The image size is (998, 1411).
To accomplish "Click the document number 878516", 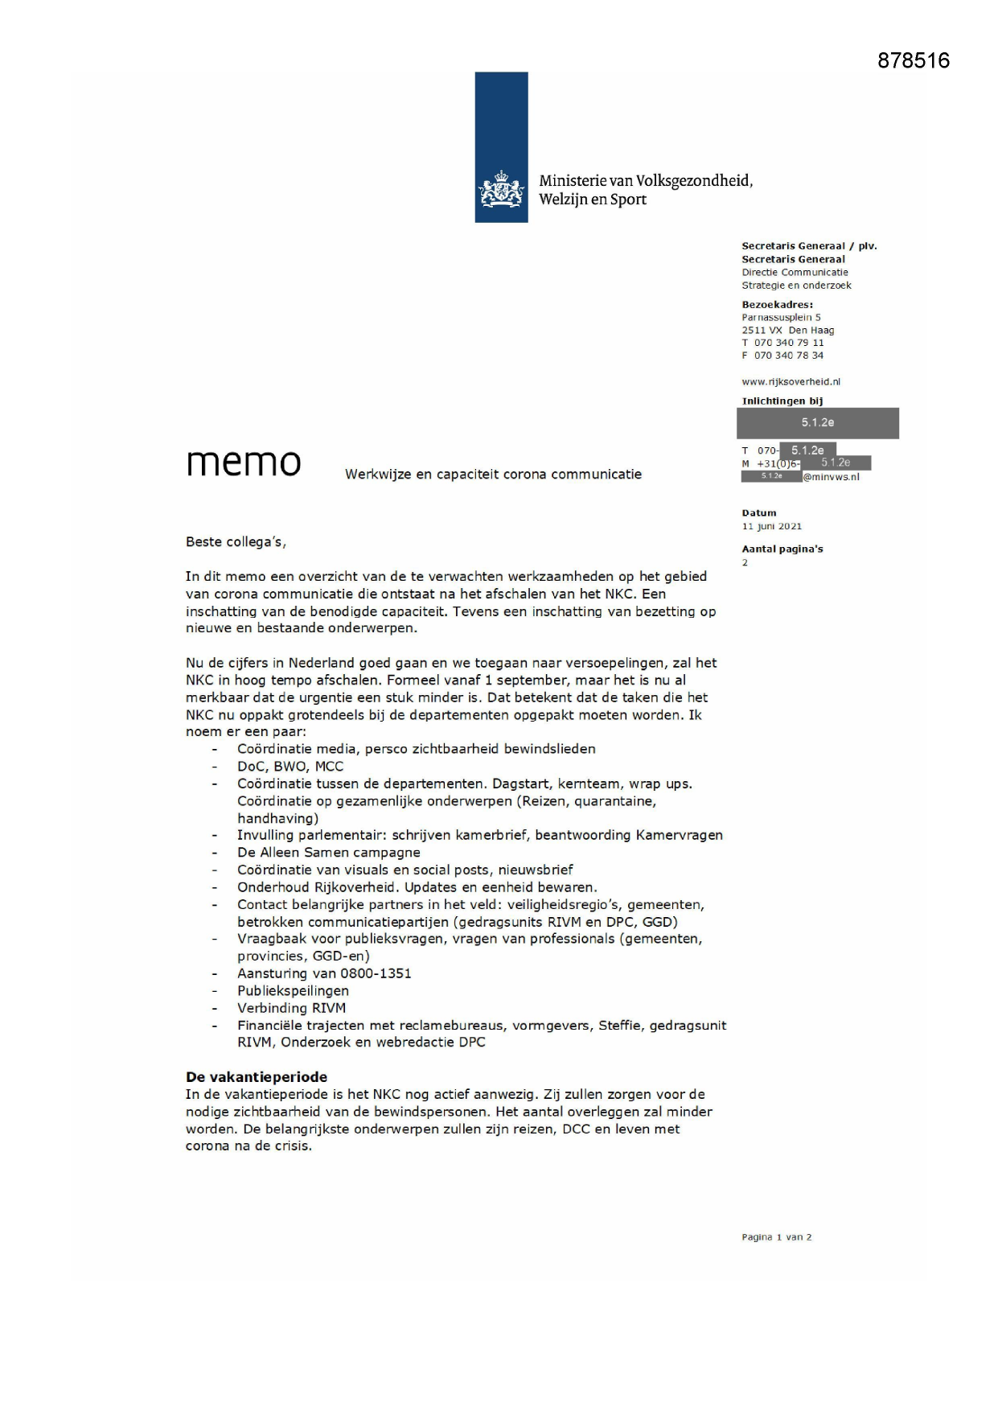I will click(x=913, y=61).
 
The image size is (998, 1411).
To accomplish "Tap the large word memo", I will click(x=244, y=463).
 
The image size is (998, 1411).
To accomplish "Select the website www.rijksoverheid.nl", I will click(x=791, y=382).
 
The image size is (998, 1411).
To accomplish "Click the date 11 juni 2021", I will click(x=771, y=526).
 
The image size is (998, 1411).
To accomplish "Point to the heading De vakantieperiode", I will click(x=257, y=1077).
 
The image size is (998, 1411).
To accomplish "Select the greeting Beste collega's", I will click(x=236, y=542).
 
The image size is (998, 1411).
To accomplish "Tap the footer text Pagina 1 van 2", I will click(x=776, y=1237).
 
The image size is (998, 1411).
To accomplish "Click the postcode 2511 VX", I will click(x=762, y=330).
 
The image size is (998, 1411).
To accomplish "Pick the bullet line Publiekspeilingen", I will click(x=293, y=991).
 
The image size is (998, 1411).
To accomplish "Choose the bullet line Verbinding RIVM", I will click(x=291, y=1008).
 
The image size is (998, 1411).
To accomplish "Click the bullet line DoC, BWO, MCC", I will click(x=290, y=767).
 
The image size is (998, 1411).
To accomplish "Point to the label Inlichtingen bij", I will click(x=782, y=401).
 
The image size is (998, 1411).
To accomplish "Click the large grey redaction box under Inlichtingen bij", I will click(x=817, y=423).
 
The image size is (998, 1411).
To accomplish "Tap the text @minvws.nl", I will click(x=831, y=477).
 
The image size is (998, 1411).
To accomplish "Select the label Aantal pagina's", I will click(x=782, y=549).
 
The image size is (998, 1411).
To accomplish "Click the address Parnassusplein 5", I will click(x=781, y=317).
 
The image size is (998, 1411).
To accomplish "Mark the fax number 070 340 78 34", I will click(x=788, y=356).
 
